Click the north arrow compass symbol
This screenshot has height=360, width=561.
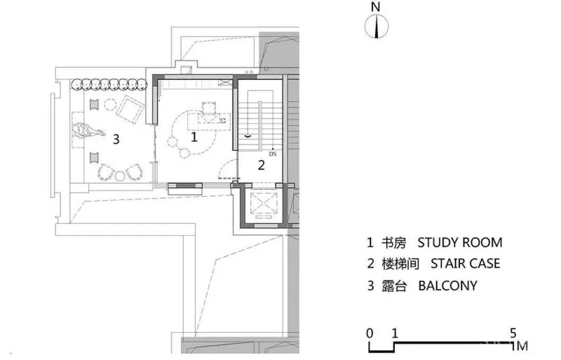[377, 27]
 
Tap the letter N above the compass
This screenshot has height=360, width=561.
[376, 7]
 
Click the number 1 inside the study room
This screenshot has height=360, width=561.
[195, 138]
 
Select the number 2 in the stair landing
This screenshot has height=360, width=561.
[261, 165]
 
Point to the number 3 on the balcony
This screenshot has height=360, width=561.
[116, 139]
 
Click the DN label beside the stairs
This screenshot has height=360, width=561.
[273, 151]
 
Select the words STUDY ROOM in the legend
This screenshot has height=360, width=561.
[459, 243]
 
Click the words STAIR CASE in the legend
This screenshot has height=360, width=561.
[465, 264]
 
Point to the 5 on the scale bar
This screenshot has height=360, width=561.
[513, 333]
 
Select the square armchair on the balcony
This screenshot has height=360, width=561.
[131, 108]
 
